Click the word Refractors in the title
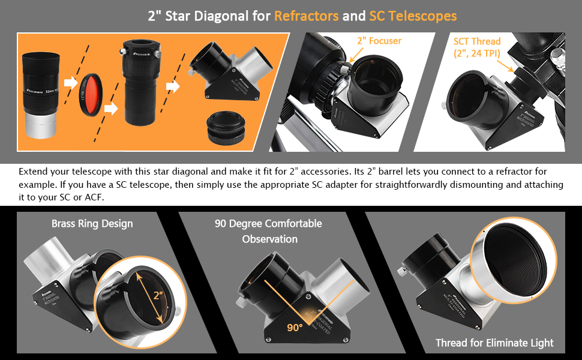tap(306, 16)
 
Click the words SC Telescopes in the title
tap(412, 16)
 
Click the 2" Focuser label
tap(379, 41)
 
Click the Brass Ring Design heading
tap(92, 224)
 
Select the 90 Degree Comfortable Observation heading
tap(268, 231)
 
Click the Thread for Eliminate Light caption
tap(494, 343)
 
